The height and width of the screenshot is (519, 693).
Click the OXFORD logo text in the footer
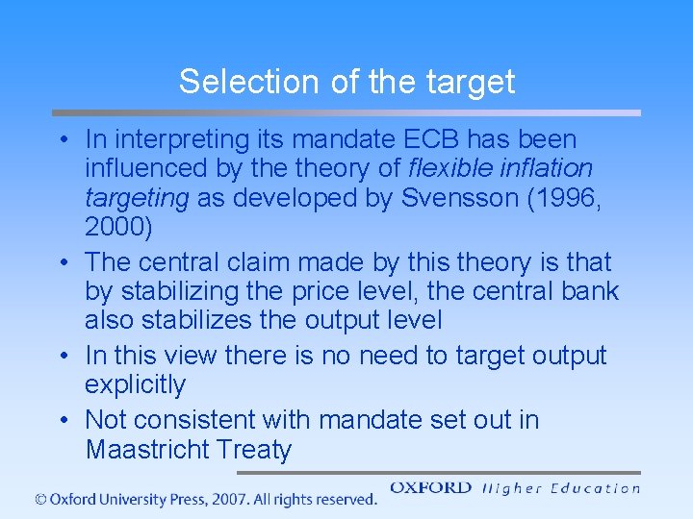[x=430, y=487]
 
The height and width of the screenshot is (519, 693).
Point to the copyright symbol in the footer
[x=40, y=499]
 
